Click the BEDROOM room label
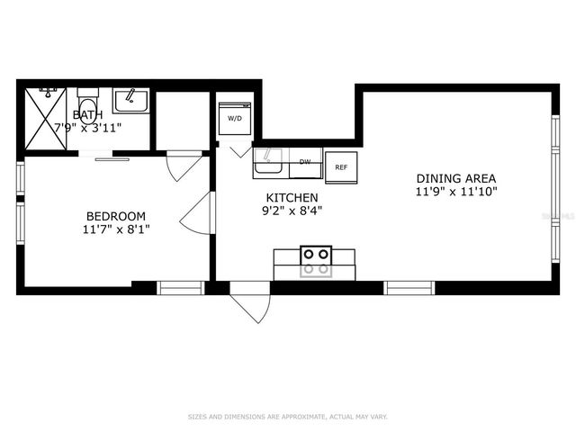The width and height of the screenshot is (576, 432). (115, 216)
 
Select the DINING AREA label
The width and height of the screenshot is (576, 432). (455, 178)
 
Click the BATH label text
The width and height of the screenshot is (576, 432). (87, 114)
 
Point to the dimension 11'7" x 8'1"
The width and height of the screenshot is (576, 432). (115, 230)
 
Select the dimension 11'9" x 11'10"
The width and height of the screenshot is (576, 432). (456, 192)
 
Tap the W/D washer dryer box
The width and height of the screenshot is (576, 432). (234, 119)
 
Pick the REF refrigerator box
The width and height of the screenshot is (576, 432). (341, 167)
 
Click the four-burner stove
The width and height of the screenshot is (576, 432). (315, 261)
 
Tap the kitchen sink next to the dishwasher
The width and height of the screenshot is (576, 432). (268, 164)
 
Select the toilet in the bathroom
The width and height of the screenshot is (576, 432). (87, 99)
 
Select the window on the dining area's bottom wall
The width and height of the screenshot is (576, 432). (409, 288)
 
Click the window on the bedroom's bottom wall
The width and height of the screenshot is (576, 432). (181, 288)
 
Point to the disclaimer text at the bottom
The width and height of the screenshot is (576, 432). (288, 417)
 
